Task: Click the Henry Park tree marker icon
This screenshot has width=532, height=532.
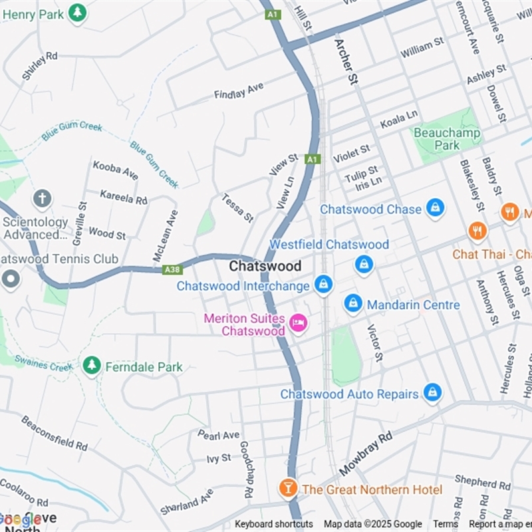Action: pyautogui.click(x=78, y=13)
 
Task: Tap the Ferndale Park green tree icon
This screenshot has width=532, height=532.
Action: pyautogui.click(x=92, y=365)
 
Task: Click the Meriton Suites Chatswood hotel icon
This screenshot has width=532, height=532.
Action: pyautogui.click(x=298, y=323)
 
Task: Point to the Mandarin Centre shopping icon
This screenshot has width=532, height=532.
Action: pyautogui.click(x=353, y=304)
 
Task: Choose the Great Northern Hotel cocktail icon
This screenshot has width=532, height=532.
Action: pyautogui.click(x=288, y=489)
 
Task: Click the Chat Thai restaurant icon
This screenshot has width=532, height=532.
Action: pyautogui.click(x=477, y=231)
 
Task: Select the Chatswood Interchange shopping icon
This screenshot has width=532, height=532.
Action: pyautogui.click(x=323, y=285)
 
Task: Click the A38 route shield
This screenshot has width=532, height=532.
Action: pyautogui.click(x=172, y=269)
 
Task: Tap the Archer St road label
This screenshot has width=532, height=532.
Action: pyautogui.click(x=346, y=61)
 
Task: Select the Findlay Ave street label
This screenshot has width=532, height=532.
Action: pyautogui.click(x=239, y=91)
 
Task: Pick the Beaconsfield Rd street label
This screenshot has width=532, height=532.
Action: pyautogui.click(x=54, y=433)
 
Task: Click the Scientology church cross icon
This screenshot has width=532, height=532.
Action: pyautogui.click(x=42, y=198)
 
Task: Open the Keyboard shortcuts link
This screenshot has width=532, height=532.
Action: pyautogui.click(x=273, y=524)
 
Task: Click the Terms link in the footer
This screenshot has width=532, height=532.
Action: pyautogui.click(x=446, y=524)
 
